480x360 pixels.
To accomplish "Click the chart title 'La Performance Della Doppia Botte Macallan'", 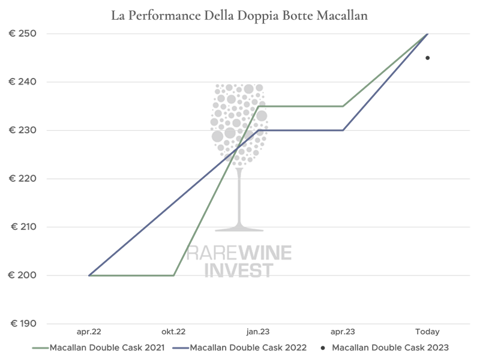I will coord(239,16).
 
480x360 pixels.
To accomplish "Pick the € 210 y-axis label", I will coord(24,227).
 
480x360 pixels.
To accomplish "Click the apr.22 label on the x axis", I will coord(89,331).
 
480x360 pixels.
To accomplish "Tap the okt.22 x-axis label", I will coord(173,331).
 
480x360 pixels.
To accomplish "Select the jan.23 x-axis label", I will coord(259,331).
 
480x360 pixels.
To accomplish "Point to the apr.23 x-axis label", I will coord(343,331).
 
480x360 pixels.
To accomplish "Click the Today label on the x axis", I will coord(428,331).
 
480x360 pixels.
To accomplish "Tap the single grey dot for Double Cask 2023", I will coord(428,58).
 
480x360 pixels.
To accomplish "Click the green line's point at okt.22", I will coord(174,275).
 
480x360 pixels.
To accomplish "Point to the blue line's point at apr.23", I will coord(343,130).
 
